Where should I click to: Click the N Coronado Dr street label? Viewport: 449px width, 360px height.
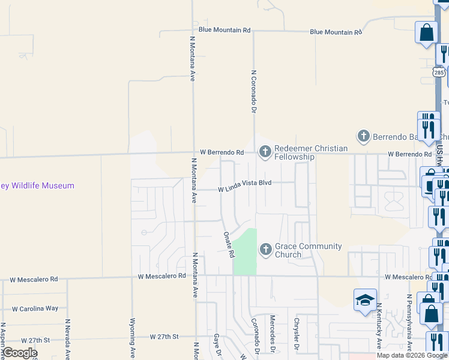[253, 91]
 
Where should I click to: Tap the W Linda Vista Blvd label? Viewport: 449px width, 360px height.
[245, 189]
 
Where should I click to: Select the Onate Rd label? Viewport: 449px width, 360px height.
[229, 245]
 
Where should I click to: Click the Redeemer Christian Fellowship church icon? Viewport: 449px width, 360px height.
[265, 152]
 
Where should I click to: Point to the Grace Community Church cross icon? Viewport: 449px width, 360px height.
[265, 249]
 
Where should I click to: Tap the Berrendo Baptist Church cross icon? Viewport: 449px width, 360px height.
[363, 136]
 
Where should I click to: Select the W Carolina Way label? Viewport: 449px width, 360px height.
[35, 308]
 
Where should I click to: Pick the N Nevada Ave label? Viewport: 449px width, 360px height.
[68, 338]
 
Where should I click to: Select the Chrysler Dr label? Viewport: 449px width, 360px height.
[296, 334]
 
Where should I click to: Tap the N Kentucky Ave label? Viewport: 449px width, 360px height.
[379, 326]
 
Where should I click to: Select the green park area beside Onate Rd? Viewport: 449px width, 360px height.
[245, 252]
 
